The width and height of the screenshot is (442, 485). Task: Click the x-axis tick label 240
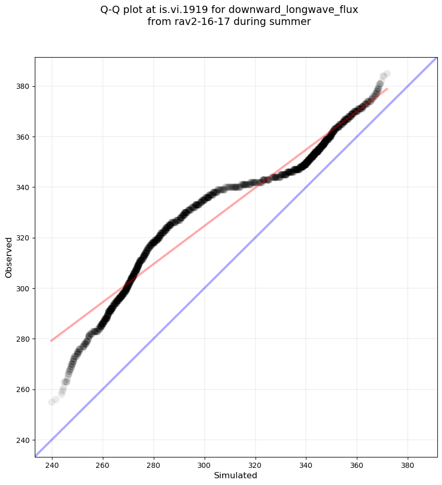[52, 464]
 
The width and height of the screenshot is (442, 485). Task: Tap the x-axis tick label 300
[204, 464]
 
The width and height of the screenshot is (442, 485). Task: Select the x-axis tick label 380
[408, 464]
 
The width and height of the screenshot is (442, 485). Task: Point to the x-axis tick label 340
[306, 464]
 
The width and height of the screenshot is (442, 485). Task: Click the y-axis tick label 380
[23, 86]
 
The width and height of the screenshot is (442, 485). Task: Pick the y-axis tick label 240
[23, 440]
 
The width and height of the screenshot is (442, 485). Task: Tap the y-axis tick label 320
[23, 238]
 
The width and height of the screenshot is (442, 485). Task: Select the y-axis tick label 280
[23, 339]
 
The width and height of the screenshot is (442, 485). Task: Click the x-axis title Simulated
[236, 475]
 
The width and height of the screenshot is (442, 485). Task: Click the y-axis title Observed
[9, 257]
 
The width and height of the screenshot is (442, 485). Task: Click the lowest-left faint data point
[52, 402]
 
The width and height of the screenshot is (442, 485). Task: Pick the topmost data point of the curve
[387, 74]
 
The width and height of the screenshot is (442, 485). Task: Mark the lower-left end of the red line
[51, 341]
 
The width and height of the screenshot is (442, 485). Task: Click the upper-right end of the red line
[387, 88]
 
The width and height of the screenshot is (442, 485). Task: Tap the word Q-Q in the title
[110, 10]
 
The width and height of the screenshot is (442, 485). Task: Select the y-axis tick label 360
[23, 137]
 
